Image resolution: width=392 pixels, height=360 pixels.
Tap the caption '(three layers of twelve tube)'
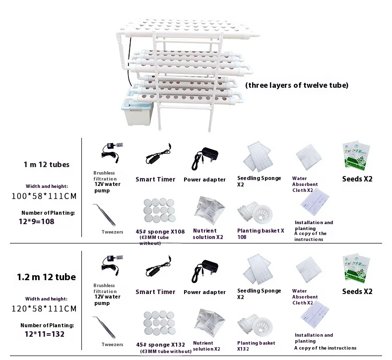(x=297, y=85)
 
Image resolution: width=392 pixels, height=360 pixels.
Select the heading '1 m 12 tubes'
(x=46, y=164)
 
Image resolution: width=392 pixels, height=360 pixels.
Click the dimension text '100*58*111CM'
(x=44, y=196)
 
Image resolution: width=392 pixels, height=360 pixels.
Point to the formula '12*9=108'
(x=36, y=221)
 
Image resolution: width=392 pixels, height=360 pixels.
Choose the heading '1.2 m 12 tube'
(x=46, y=277)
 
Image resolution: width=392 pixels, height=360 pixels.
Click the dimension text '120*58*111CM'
(x=44, y=308)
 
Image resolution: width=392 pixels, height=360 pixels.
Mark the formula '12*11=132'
(x=38, y=334)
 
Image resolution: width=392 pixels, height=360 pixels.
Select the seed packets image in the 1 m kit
(x=357, y=156)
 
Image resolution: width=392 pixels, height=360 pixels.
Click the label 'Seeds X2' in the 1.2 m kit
(x=357, y=292)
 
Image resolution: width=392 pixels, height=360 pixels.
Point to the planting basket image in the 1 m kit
(x=256, y=213)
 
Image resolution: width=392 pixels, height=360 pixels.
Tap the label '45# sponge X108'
(x=160, y=231)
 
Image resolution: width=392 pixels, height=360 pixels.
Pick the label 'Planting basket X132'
(x=256, y=346)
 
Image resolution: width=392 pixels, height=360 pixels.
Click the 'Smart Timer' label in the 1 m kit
(x=155, y=180)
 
